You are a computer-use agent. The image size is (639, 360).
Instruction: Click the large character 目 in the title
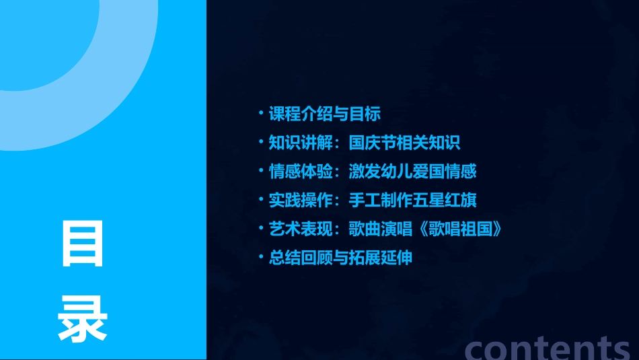pyautogui.click(x=83, y=244)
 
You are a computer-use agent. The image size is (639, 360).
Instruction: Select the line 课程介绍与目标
pyautogui.click(x=325, y=114)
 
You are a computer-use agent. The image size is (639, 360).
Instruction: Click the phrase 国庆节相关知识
pyautogui.click(x=405, y=143)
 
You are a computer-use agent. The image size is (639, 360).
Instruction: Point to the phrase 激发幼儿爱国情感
pyautogui.click(x=413, y=171)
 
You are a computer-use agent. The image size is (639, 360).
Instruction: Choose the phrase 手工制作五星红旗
pyautogui.click(x=413, y=200)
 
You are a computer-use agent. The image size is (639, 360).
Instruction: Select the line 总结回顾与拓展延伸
pyautogui.click(x=340, y=258)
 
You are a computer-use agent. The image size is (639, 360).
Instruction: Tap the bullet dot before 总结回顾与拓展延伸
pyautogui.click(x=262, y=256)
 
